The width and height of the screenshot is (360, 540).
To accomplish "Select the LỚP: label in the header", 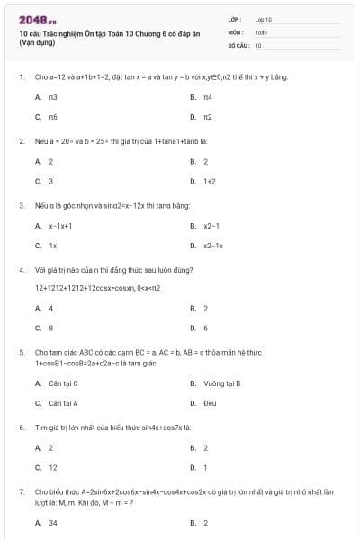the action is (x=235, y=18).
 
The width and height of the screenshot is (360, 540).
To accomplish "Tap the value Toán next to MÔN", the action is (x=261, y=31).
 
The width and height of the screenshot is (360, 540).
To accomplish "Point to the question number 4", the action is (x=21, y=269).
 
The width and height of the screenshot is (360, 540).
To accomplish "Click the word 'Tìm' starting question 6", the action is (x=40, y=427).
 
